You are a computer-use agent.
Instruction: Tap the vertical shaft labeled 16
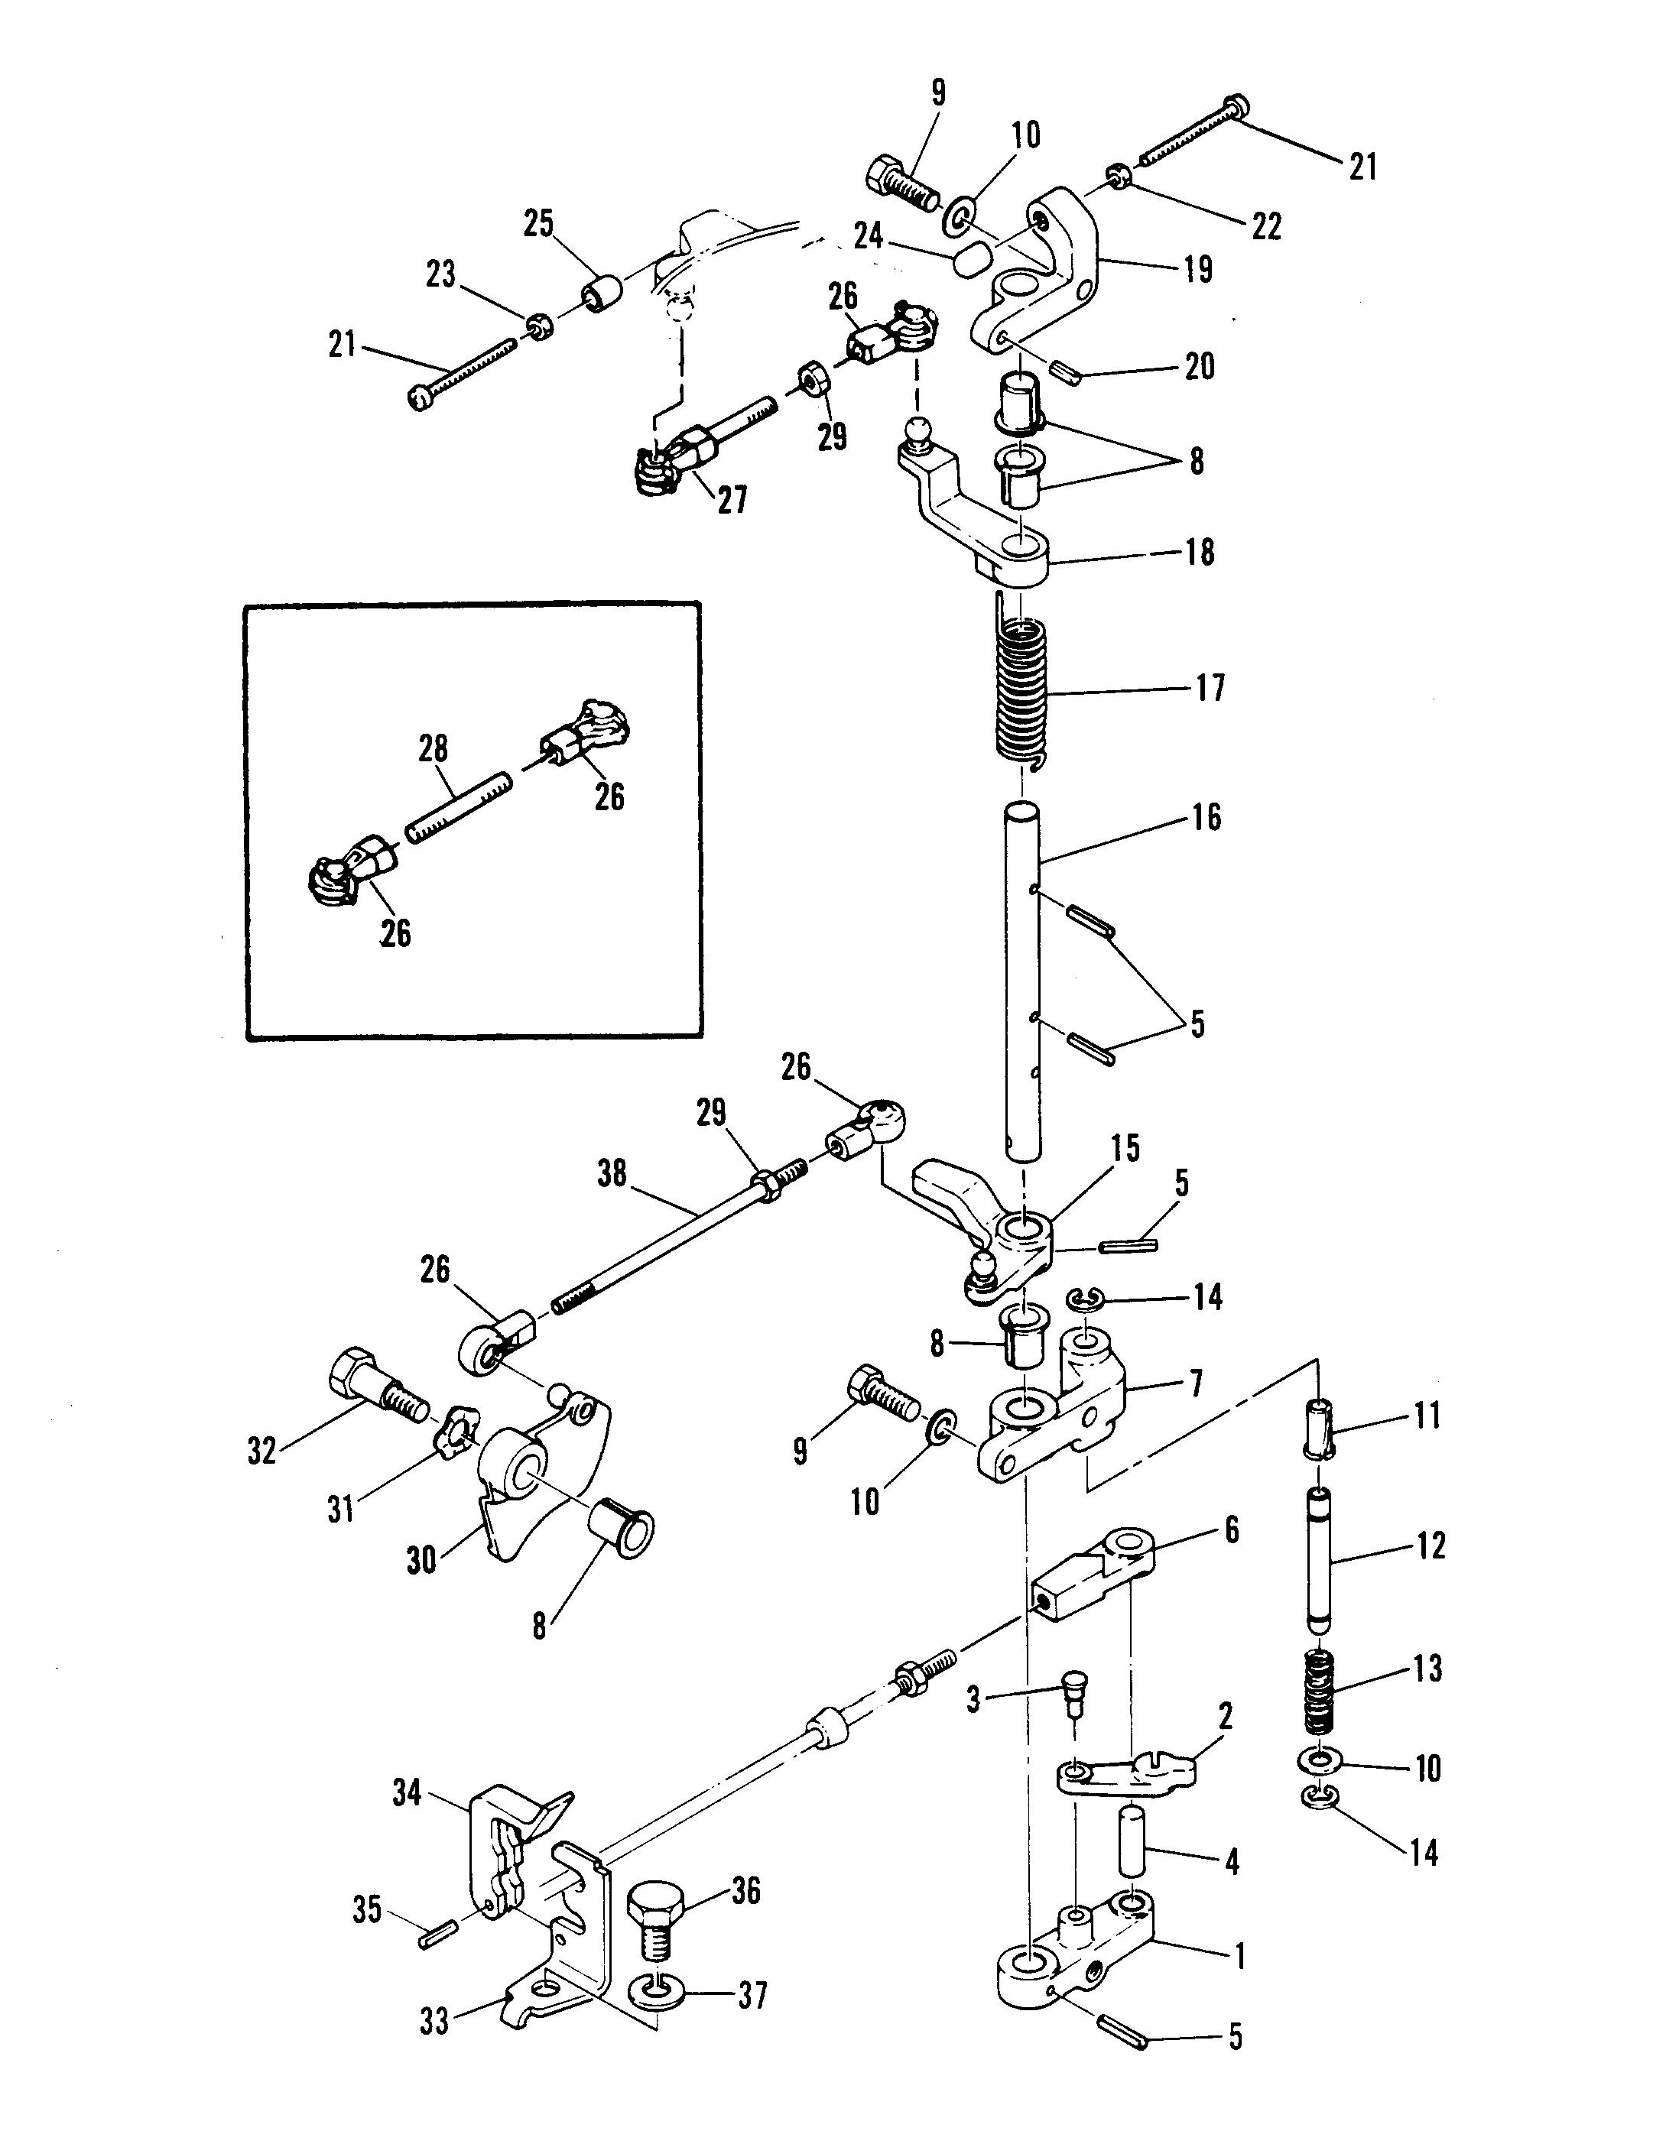[1021, 981]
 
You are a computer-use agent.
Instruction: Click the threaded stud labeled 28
[458, 807]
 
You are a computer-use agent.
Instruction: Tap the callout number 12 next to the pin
[1430, 1546]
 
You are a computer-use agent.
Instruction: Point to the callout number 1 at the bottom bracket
[1239, 1955]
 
